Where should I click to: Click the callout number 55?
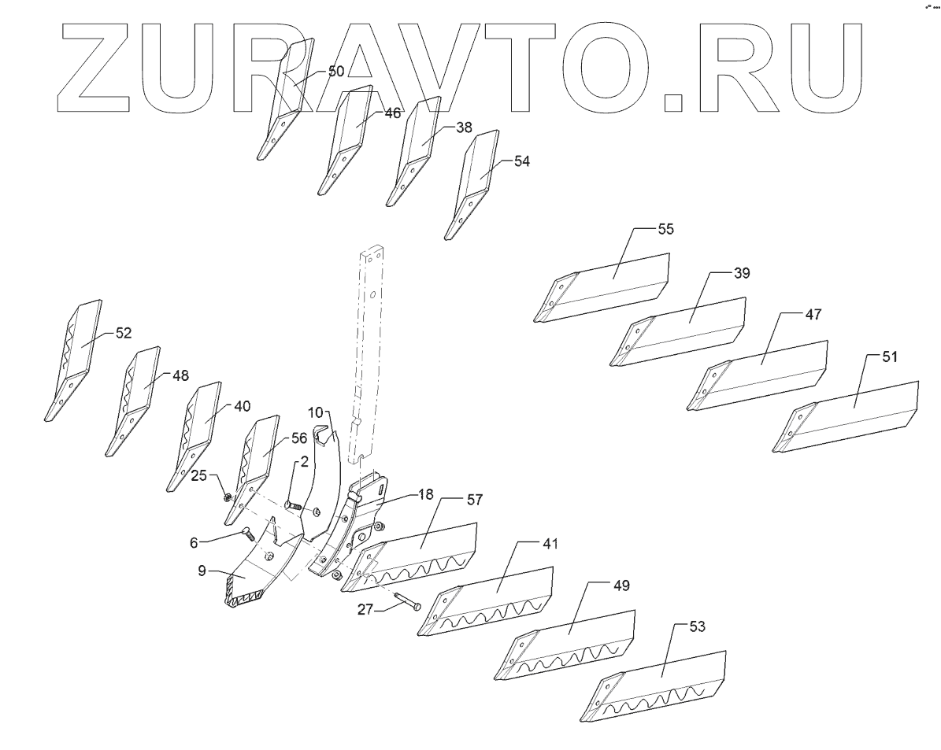pyautogui.click(x=665, y=229)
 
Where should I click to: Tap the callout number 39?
pyautogui.click(x=741, y=273)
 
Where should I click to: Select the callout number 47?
pyautogui.click(x=813, y=314)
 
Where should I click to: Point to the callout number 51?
pyautogui.click(x=889, y=356)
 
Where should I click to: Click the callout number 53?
pyautogui.click(x=696, y=626)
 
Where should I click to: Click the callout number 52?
pyautogui.click(x=123, y=333)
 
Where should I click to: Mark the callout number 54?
pyautogui.click(x=521, y=161)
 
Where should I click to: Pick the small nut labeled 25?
pyautogui.click(x=226, y=497)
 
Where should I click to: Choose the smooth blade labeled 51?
pyautogui.click(x=850, y=417)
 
